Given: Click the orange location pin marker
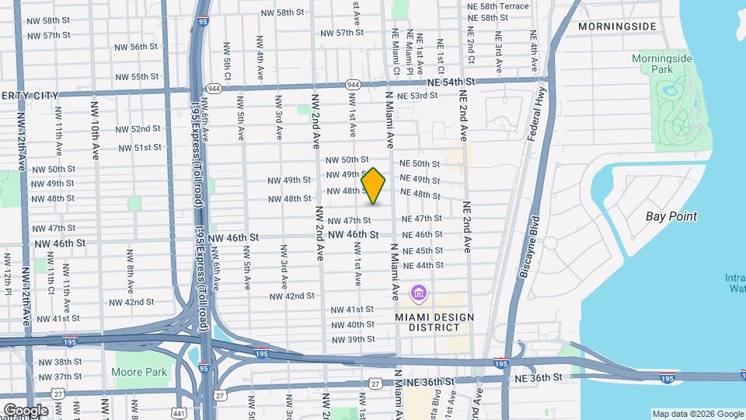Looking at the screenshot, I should (374, 186).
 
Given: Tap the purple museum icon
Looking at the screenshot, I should (419, 294).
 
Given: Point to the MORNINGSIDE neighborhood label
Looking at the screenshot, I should (617, 26).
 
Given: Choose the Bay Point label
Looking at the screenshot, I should (671, 216).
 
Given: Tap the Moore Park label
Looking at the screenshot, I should (141, 372).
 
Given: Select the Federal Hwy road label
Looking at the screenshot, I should (537, 112).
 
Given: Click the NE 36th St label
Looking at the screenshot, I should (539, 377).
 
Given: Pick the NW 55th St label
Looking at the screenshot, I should (137, 77).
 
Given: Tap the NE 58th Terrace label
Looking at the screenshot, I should (498, 5).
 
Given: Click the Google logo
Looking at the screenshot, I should (25, 410).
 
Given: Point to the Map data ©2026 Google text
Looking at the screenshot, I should (697, 414).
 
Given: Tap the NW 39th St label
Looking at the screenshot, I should (353, 340).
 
